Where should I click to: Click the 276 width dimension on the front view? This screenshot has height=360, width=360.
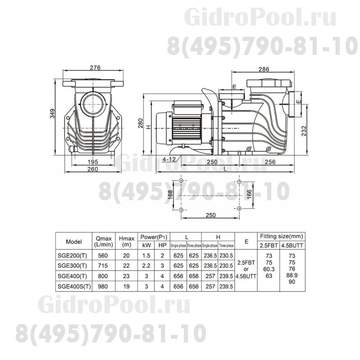coord(94,67)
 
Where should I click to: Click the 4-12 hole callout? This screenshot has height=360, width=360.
coord(170,159)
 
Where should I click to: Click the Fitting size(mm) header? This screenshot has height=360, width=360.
coord(282,235)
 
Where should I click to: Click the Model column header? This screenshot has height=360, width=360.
coord(72,240)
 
